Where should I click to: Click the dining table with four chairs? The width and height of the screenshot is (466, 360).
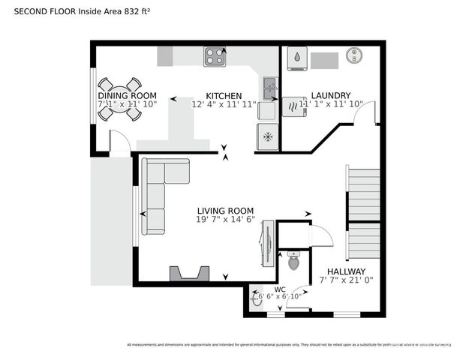tap(122, 97)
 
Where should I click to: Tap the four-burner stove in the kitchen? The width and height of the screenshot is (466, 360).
tap(215, 56)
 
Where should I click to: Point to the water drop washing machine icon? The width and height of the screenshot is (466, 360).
tap(297, 57)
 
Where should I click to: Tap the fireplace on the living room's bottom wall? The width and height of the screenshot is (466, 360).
tap(188, 273)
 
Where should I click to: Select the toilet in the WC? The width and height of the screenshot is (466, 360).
tap(294, 262)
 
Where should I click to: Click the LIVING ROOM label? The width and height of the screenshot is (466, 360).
tap(225, 211)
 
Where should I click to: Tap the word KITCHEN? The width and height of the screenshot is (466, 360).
tap(224, 96)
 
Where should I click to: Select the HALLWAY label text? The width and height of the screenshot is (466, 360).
tap(346, 271)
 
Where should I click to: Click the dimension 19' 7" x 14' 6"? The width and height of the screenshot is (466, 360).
tap(225, 220)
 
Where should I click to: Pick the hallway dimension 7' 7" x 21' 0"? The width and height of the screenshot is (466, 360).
tap(346, 280)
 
